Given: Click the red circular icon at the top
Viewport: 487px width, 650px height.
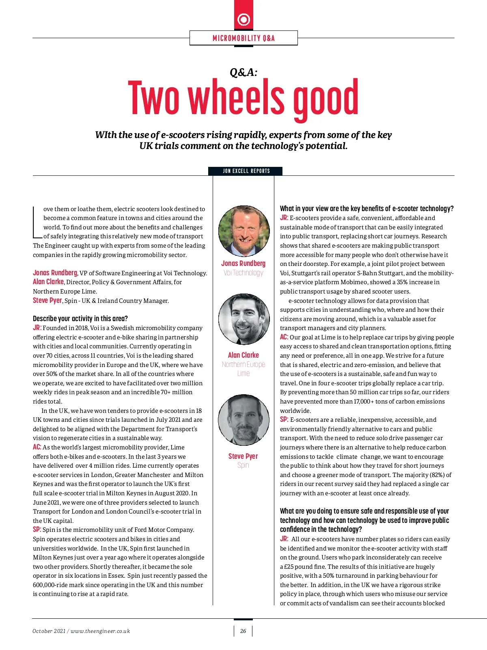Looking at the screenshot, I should point(243,19).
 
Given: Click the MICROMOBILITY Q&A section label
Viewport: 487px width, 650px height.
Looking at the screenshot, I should point(243,38).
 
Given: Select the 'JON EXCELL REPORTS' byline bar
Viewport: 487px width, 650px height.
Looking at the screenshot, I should point(246,171).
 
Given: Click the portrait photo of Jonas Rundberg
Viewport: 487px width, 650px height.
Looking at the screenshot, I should point(244,231).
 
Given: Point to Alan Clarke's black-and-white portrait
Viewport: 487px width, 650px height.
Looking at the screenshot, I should point(244,319).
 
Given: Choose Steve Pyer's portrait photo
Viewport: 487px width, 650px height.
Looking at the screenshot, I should point(243,420).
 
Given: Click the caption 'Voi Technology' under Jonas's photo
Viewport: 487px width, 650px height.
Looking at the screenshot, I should point(243,273).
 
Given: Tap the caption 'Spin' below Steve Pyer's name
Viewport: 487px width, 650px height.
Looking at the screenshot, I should point(243,465).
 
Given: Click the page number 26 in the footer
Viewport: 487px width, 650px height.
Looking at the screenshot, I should point(243,631).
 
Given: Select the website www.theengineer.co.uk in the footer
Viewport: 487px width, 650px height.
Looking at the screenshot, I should point(100,631).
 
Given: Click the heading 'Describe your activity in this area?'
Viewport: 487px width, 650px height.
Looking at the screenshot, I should point(80,319).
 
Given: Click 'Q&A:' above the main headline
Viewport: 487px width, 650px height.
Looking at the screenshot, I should point(243,72).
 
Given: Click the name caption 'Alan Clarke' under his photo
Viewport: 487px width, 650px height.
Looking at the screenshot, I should point(243,355).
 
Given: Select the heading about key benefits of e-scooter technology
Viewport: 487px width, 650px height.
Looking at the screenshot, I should point(366,209).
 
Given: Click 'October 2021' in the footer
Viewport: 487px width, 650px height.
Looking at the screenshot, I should point(49,631).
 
